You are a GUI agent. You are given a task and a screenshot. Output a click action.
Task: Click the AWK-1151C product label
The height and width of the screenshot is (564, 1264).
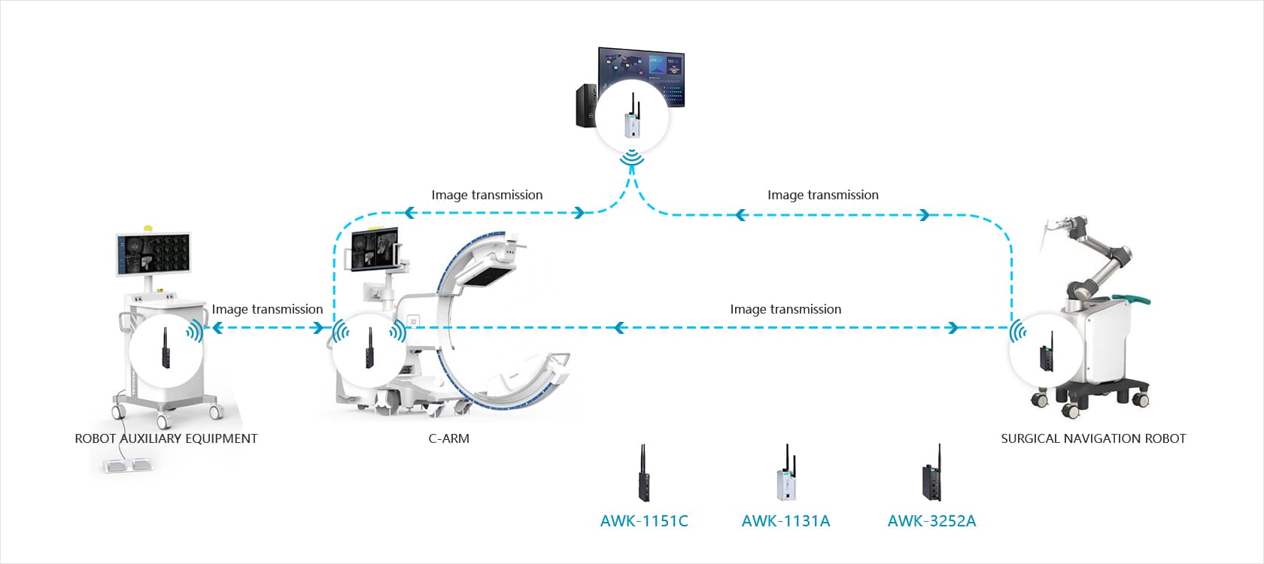tap(644, 520)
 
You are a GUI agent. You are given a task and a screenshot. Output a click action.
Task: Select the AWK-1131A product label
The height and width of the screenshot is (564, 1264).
tap(785, 520)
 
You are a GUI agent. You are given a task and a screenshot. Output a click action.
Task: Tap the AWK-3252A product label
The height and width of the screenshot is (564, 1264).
tap(931, 520)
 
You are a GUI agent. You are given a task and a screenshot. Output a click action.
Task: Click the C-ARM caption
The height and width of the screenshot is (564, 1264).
tap(448, 438)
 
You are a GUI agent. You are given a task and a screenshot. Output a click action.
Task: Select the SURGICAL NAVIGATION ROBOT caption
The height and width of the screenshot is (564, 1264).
tap(1092, 438)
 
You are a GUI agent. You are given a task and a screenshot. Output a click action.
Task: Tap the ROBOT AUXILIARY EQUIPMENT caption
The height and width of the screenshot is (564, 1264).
tap(166, 438)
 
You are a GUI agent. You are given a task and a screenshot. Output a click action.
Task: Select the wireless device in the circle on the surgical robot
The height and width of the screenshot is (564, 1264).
tap(1045, 353)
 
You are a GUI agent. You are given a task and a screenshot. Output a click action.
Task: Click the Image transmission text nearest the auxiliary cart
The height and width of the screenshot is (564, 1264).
tap(267, 309)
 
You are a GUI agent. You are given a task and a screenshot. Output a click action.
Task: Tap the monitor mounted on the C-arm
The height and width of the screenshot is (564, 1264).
tap(375, 248)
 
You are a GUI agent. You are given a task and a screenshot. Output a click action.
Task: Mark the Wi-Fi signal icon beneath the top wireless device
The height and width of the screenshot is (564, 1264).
tap(632, 159)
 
